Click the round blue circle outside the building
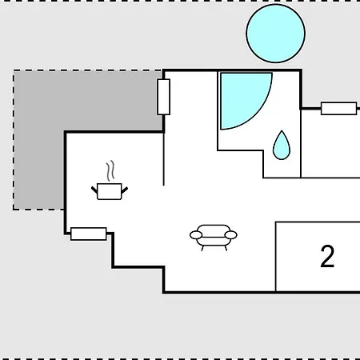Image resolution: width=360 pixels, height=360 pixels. pos(276,34)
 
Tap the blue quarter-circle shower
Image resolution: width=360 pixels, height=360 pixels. pos(240,96)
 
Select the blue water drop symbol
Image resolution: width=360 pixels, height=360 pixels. pos(282,147)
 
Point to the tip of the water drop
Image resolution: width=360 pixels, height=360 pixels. pos(282,130)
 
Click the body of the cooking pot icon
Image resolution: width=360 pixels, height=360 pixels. pos(110,191)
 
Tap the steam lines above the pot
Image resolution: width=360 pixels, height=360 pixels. pos(110,170)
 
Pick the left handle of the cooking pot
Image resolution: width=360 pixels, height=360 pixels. pos(94,190)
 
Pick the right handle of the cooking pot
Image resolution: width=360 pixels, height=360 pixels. pos(125,190)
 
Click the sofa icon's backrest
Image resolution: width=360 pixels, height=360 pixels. pos(214,230)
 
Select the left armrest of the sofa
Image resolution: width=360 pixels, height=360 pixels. pos(196,235)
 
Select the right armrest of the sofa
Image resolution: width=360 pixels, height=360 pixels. pos(231,235)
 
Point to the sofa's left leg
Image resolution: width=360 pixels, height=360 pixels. pos(202,248)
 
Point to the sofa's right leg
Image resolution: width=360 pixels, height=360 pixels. pos(226,248)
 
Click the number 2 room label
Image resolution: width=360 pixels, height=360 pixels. pos(327,256)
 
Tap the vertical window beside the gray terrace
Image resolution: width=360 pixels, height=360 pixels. pos(164,97)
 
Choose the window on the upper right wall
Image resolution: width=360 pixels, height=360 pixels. pos(339,109)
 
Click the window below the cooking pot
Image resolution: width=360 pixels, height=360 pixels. pos(89,234)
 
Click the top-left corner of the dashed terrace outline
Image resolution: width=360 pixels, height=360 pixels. pos(14,70)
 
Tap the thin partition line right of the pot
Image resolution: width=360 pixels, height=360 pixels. pos(164,158)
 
